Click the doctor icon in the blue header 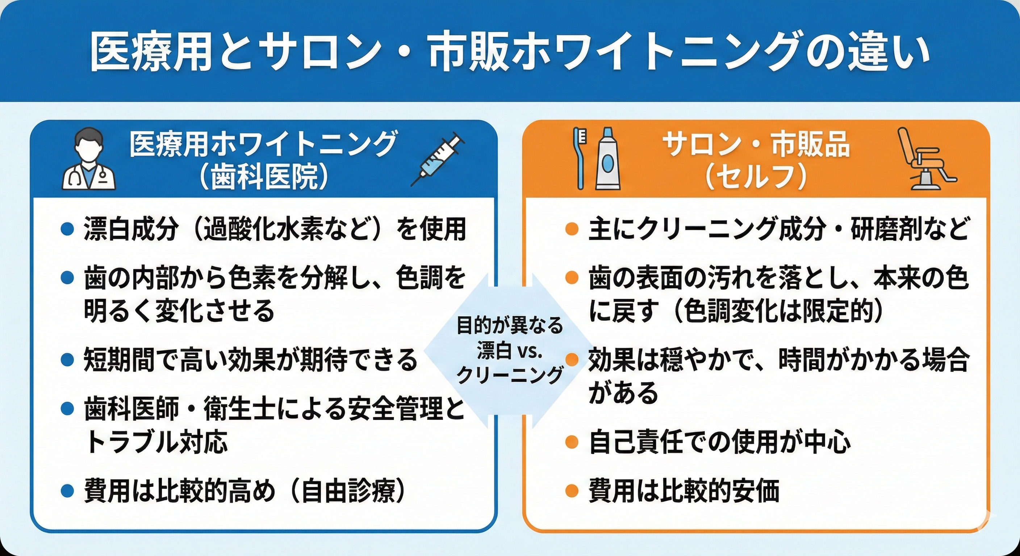[89, 160]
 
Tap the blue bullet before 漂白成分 [68, 229]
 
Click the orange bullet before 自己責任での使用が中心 [571, 442]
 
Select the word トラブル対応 [156, 441]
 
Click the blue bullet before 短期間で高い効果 [68, 360]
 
